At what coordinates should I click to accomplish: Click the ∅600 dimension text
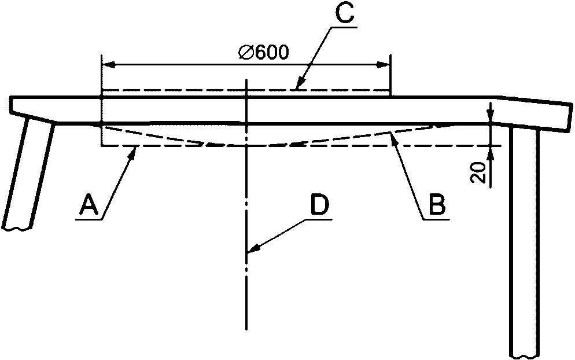pyautogui.click(x=263, y=52)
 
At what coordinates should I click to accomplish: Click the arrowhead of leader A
pyautogui.click(x=135, y=150)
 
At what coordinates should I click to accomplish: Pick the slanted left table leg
pyautogui.click(x=29, y=174)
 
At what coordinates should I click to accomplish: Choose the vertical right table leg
pyautogui.click(x=525, y=243)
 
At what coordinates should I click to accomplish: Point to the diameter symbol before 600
pyautogui.click(x=244, y=52)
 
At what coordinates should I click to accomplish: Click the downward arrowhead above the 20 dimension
pyautogui.click(x=491, y=116)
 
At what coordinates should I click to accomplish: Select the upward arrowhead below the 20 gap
pyautogui.click(x=491, y=152)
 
